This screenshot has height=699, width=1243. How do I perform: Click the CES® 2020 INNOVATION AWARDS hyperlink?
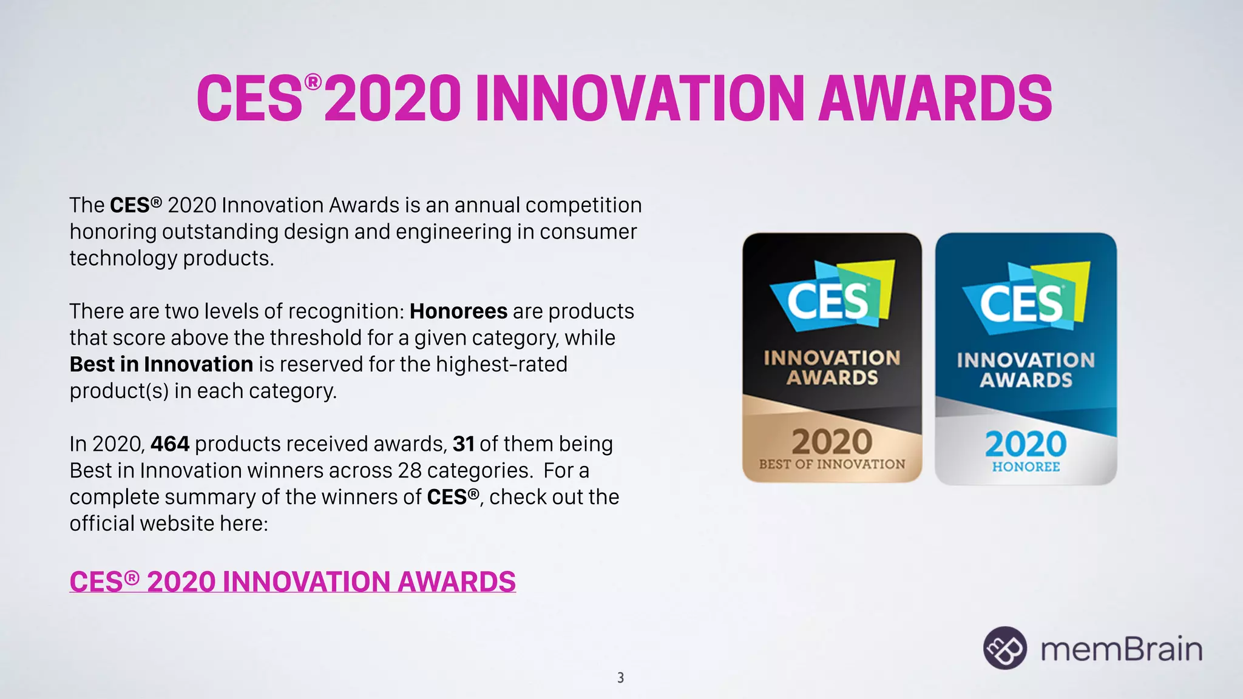point(293,582)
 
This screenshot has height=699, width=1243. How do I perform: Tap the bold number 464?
point(170,444)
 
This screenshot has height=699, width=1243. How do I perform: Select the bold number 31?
point(463,444)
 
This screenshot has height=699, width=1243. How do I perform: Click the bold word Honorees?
point(458,311)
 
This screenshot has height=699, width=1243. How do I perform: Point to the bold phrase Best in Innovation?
point(161,364)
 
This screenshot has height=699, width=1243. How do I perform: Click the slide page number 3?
point(620,678)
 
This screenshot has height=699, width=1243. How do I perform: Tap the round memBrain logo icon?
point(1004,648)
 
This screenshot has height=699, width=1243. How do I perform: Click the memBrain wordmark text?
point(1121,649)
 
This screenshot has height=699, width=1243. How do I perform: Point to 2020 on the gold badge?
point(831,442)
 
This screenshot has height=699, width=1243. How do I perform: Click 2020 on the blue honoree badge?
point(1025,444)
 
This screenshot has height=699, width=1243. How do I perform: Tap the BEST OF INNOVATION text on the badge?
point(831,464)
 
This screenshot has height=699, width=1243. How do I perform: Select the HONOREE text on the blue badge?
point(1026,467)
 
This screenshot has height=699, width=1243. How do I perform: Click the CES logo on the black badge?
point(829,300)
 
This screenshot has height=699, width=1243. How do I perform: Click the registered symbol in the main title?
point(313,82)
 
